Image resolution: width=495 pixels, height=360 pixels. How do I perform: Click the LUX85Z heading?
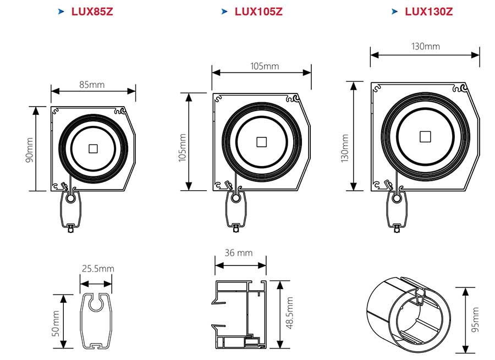(92, 11)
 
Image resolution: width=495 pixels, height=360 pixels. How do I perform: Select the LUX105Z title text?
(258, 11)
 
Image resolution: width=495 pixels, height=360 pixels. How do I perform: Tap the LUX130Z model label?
(428, 11)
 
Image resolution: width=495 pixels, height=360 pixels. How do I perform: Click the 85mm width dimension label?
(91, 85)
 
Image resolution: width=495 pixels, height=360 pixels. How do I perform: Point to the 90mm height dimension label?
(30, 149)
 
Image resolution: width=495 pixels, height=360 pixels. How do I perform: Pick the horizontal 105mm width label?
(265, 67)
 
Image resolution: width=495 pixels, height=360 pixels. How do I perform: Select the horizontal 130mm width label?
(425, 46)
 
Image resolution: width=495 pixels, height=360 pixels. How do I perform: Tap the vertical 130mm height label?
(344, 148)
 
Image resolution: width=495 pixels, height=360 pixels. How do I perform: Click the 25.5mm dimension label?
(98, 269)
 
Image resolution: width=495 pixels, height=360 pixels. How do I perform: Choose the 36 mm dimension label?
(239, 253)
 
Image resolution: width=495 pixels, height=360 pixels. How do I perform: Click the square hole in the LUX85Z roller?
(92, 148)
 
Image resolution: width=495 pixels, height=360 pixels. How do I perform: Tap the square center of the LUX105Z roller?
(261, 142)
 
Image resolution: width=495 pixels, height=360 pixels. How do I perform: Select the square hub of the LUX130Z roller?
(424, 136)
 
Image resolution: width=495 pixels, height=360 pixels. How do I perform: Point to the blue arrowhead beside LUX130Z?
(394, 11)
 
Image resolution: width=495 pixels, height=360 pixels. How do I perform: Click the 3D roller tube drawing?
(408, 317)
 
